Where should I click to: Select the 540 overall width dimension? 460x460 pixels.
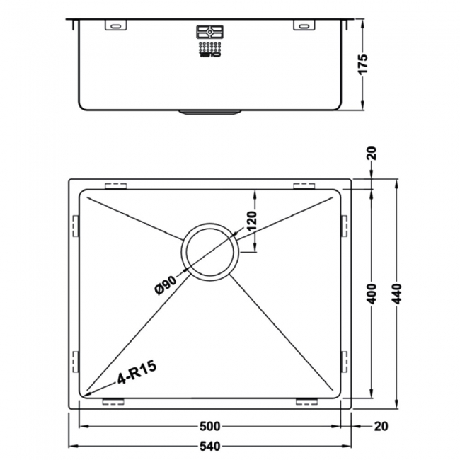click(x=210, y=446)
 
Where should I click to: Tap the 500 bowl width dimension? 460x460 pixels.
click(x=210, y=426)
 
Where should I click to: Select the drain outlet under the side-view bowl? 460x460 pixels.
click(x=209, y=111)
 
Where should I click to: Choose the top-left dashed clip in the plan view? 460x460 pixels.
click(x=115, y=186)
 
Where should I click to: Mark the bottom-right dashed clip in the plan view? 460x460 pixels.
click(x=305, y=401)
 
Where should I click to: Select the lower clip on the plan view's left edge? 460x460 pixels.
click(x=75, y=360)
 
